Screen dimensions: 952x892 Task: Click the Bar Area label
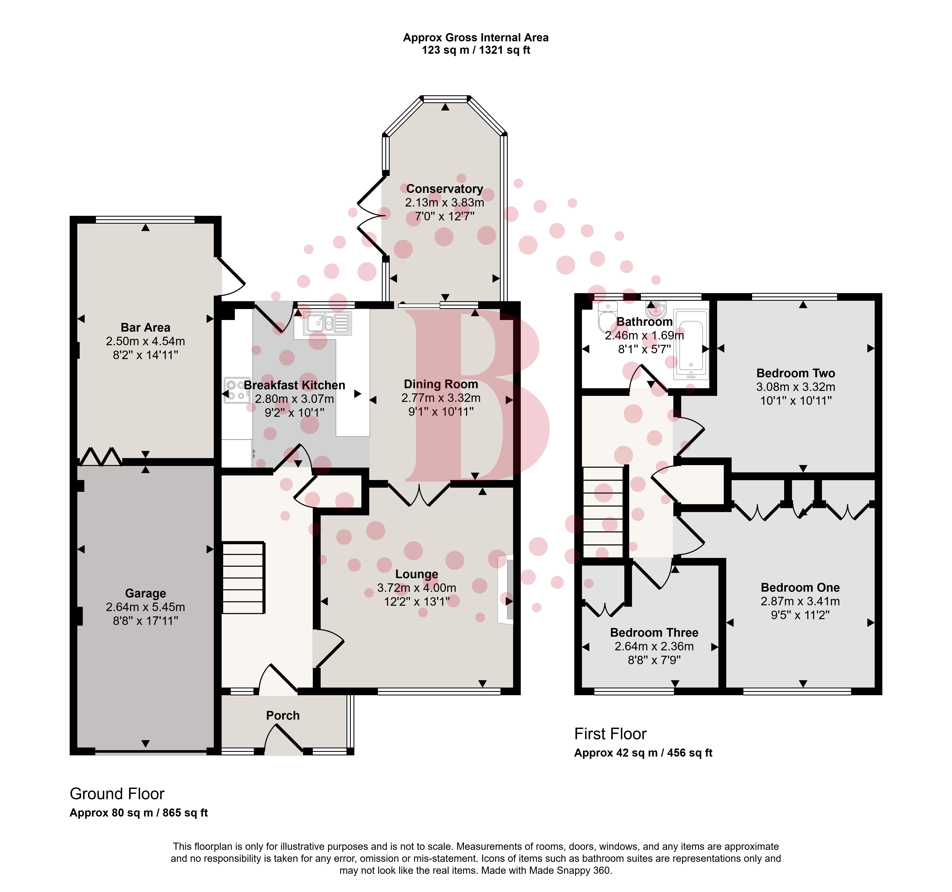[146, 327]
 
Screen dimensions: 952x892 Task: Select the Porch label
[283, 715]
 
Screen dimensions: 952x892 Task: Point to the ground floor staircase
[243, 577]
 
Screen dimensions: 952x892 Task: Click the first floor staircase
[603, 512]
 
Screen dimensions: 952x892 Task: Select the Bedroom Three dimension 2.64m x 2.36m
[654, 646]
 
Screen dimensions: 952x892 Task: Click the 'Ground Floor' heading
[117, 794]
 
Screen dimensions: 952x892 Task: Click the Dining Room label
[441, 384]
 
